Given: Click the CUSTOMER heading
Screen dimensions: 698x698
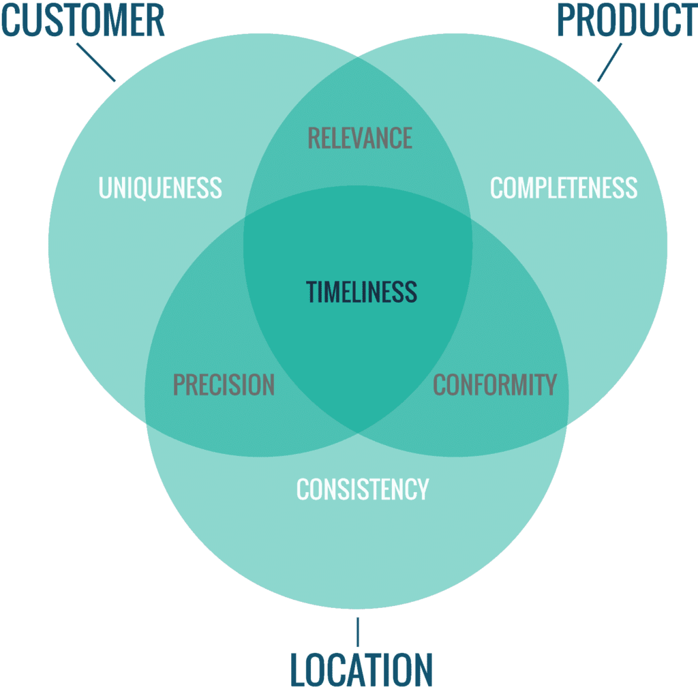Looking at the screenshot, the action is [83, 20].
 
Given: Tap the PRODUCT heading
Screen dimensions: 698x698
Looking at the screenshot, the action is [627, 20].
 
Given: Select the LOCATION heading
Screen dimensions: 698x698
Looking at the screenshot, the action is [361, 670].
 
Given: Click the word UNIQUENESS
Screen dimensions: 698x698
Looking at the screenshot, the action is [160, 187].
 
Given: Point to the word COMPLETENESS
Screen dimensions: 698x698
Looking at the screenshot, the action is [564, 187].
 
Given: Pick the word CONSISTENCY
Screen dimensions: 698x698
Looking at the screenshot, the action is [363, 489].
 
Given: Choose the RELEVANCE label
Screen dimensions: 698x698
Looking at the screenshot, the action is [360, 138].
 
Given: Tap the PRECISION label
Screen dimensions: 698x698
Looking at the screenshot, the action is [224, 384].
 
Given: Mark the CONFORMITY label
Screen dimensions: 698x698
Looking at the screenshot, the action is [495, 384].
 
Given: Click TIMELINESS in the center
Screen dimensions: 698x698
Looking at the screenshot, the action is [361, 292].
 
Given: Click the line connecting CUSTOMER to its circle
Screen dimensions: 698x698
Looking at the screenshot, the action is [96, 62].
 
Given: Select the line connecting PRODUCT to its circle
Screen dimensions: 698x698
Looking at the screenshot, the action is [609, 62].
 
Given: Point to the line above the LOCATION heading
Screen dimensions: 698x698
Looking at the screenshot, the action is [358, 632].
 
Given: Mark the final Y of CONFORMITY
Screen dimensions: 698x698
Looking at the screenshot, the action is [551, 384].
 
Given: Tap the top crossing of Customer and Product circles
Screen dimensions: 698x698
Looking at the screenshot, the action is [358, 57].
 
